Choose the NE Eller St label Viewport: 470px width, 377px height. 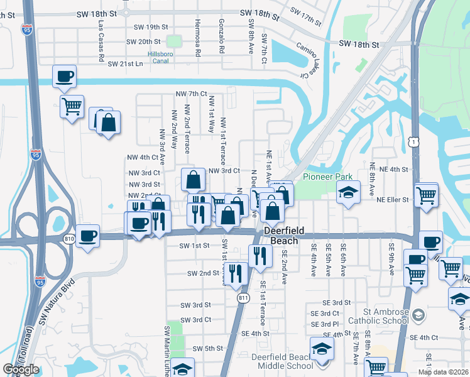click(393, 200)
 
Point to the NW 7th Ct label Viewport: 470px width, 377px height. click(191, 94)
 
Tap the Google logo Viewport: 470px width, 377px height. click(21, 369)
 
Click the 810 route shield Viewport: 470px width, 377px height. click(69, 239)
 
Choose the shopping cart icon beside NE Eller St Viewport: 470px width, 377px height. click(426, 195)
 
